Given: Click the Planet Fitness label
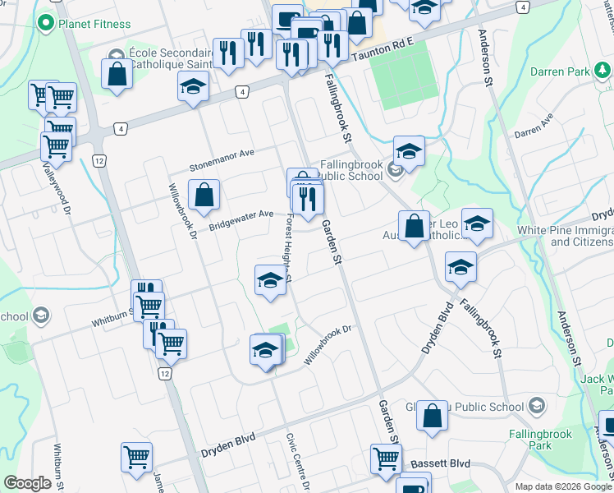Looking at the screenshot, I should click(94, 24).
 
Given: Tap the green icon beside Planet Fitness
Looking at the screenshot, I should click(47, 23).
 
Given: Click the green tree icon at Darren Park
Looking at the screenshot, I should click(603, 72).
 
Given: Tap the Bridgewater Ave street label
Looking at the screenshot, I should click(241, 216).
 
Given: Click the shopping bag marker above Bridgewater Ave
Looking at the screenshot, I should click(204, 196).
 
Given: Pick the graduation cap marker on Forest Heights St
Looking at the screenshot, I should click(270, 281).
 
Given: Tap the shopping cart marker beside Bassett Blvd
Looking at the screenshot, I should click(385, 458).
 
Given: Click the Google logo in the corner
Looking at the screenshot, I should click(28, 483).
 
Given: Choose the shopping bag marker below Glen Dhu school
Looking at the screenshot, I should click(432, 417).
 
